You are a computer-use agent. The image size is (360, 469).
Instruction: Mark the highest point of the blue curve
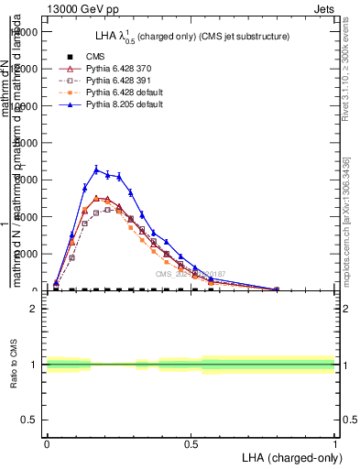[96, 169]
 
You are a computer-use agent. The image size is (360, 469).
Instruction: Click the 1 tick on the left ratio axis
[35, 365]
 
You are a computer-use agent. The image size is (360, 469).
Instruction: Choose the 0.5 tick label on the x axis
[191, 442]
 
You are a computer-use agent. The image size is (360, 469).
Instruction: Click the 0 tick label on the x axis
[46, 442]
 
